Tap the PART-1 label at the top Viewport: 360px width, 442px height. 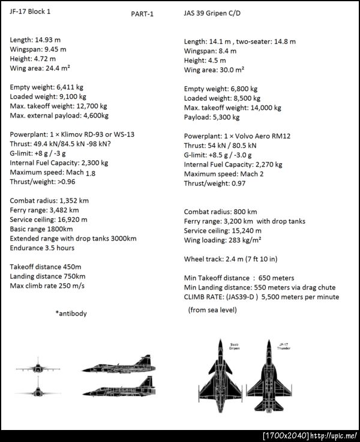click(x=142, y=14)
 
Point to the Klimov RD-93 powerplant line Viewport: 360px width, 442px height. click(x=72, y=134)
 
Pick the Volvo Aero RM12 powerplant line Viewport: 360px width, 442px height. click(x=237, y=136)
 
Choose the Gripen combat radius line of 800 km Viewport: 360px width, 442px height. click(x=220, y=212)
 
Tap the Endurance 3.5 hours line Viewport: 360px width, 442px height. click(x=42, y=248)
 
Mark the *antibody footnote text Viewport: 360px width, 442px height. click(x=71, y=313)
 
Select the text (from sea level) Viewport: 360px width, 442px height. click(x=212, y=309)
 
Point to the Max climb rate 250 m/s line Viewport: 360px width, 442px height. click(x=47, y=285)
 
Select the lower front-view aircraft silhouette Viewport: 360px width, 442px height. click(x=40, y=389)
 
